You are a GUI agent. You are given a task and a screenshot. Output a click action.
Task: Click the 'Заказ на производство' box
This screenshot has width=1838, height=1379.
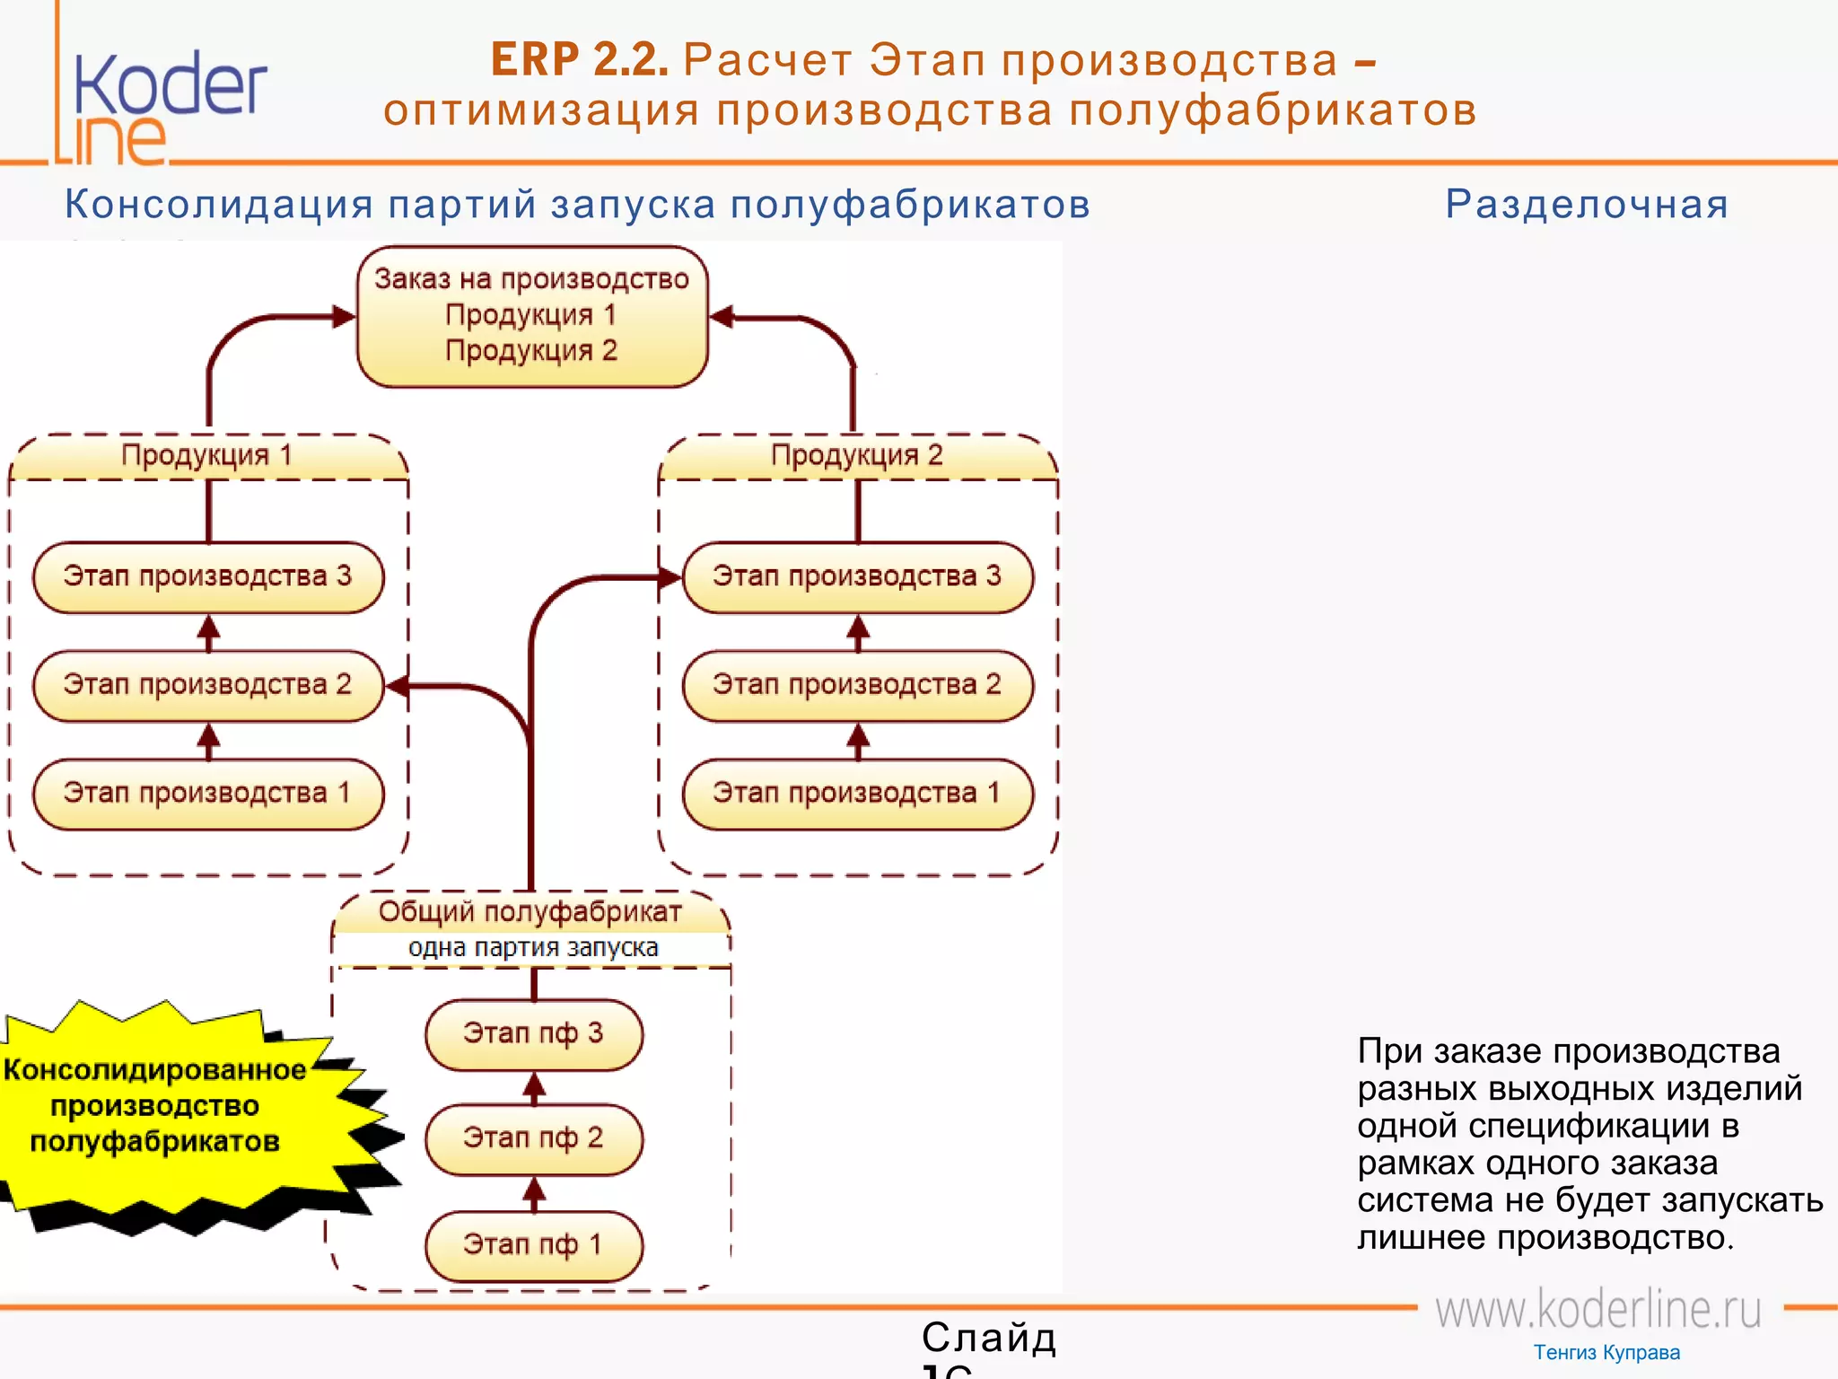(532, 316)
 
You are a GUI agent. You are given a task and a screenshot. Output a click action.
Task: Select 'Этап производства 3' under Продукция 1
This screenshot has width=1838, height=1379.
(208, 577)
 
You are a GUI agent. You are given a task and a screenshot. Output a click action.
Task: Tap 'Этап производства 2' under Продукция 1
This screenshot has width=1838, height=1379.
(208, 686)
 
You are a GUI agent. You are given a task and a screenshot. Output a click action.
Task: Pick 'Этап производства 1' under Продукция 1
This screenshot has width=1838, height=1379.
(208, 794)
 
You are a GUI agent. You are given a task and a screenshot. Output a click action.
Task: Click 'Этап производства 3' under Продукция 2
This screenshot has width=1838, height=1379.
(857, 577)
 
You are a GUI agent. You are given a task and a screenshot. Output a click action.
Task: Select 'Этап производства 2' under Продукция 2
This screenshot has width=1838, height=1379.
(857, 686)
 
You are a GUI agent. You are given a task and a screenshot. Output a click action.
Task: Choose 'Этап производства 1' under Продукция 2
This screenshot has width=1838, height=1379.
(857, 794)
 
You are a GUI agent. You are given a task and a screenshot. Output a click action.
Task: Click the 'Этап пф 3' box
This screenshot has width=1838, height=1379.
(534, 1034)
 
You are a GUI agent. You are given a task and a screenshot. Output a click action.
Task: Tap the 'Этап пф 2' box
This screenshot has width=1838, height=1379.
(534, 1139)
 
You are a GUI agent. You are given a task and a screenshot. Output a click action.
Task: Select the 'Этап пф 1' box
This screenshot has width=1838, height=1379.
(534, 1245)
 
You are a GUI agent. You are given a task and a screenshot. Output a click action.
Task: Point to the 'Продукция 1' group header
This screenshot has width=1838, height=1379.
(207, 456)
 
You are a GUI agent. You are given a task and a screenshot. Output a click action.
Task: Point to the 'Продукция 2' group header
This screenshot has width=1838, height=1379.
(857, 456)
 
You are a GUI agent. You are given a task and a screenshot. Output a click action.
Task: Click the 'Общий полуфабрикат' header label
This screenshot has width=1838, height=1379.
(530, 912)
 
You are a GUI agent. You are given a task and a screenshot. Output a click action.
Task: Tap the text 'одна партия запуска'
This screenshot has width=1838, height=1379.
(533, 948)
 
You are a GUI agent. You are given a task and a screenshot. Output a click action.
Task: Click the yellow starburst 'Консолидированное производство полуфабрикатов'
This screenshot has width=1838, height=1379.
(157, 1106)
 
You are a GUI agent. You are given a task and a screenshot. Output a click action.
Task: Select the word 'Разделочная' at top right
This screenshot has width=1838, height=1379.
(1586, 205)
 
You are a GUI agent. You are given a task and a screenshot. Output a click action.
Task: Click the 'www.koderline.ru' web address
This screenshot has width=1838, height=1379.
(1598, 1310)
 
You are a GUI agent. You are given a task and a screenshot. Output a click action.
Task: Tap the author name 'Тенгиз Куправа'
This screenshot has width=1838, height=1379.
(1606, 1353)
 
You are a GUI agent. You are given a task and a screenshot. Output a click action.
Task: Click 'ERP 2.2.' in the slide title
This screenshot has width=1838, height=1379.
(580, 60)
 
